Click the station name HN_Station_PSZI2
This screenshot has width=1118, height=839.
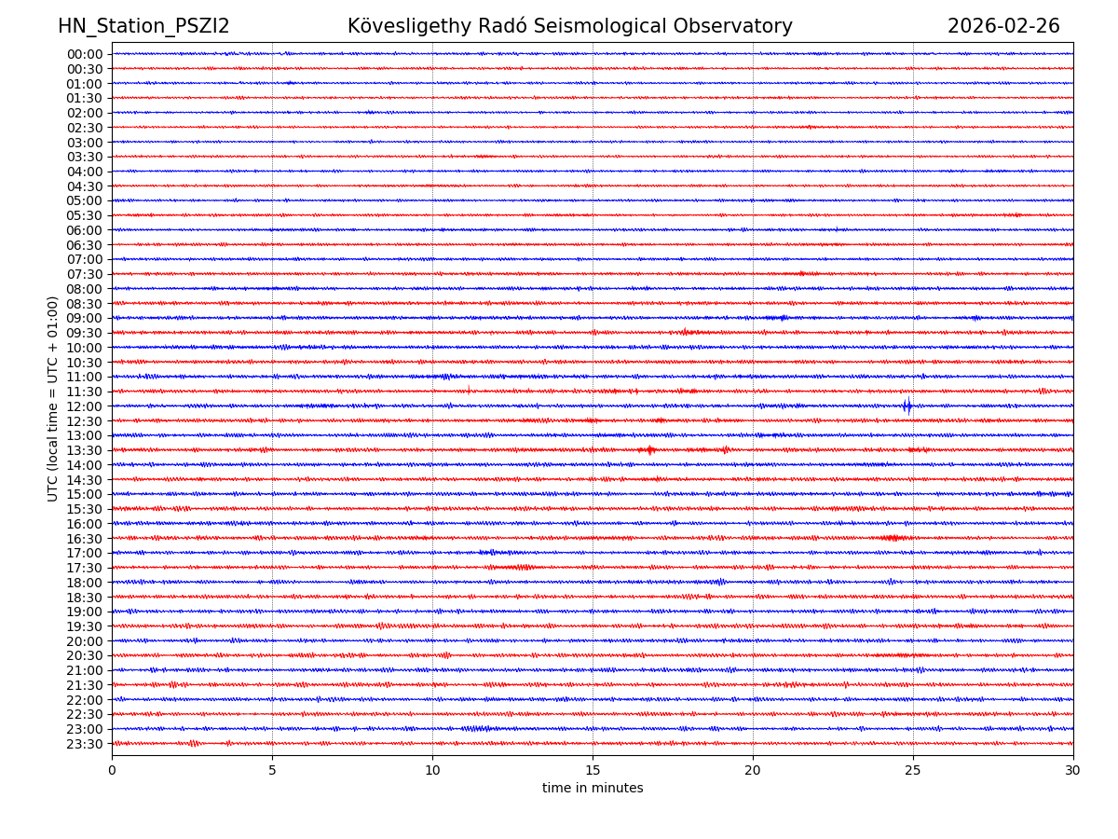(143, 26)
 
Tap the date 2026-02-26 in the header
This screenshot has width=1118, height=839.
(1003, 26)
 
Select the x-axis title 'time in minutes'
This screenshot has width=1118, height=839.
(593, 788)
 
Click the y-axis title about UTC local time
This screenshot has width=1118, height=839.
(53, 398)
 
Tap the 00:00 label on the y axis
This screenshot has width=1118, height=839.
(85, 54)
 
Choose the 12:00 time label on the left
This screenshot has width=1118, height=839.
(85, 406)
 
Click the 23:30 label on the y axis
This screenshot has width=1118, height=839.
(85, 744)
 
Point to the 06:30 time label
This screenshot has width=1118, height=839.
(85, 245)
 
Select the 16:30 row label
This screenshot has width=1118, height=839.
(85, 539)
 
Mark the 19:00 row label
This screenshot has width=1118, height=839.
(85, 612)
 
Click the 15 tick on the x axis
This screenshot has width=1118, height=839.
(593, 770)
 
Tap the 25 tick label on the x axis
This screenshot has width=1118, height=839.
(913, 770)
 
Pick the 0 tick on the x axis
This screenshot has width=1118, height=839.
(112, 770)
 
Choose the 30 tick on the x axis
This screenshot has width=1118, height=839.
(1073, 770)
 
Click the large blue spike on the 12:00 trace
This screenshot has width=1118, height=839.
(907, 406)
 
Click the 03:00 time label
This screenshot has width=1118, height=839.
(85, 143)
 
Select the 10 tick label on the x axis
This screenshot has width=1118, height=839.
(432, 770)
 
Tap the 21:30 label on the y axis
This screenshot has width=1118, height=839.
(85, 685)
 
